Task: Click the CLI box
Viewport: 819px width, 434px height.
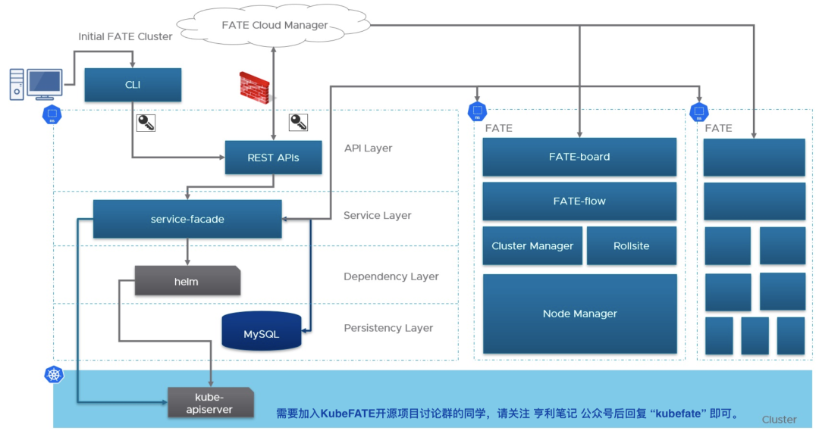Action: pyautogui.click(x=133, y=85)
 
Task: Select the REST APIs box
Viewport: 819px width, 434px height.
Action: pyautogui.click(x=273, y=158)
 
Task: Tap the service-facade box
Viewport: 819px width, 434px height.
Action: pyautogui.click(x=187, y=219)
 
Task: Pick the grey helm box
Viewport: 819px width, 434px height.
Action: pyautogui.click(x=187, y=281)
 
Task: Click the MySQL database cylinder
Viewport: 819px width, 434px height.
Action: pyautogui.click(x=262, y=331)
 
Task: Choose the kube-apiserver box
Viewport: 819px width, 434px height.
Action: pyautogui.click(x=211, y=403)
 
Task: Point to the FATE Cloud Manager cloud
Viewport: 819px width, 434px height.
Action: pyautogui.click(x=274, y=24)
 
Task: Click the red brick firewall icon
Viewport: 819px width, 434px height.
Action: pyautogui.click(x=255, y=88)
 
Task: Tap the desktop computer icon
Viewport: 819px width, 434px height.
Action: pyautogui.click(x=36, y=83)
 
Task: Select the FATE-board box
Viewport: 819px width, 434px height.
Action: pyautogui.click(x=579, y=157)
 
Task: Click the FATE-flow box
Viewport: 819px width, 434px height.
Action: pyautogui.click(x=579, y=201)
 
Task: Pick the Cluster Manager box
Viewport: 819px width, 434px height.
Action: pyautogui.click(x=532, y=245)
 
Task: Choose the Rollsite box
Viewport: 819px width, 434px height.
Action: pyautogui.click(x=632, y=245)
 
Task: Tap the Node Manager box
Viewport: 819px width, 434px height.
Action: pyautogui.click(x=580, y=314)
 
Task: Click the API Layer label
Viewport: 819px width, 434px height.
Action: pyautogui.click(x=369, y=148)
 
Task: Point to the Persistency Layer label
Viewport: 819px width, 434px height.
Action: pyautogui.click(x=388, y=328)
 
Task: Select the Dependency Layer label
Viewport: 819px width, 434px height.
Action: pyautogui.click(x=391, y=276)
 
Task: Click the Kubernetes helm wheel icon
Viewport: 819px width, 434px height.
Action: pyautogui.click(x=54, y=374)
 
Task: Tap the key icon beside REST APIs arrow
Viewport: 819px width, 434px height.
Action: pyautogui.click(x=298, y=123)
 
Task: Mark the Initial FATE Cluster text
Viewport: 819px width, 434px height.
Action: pyautogui.click(x=125, y=36)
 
